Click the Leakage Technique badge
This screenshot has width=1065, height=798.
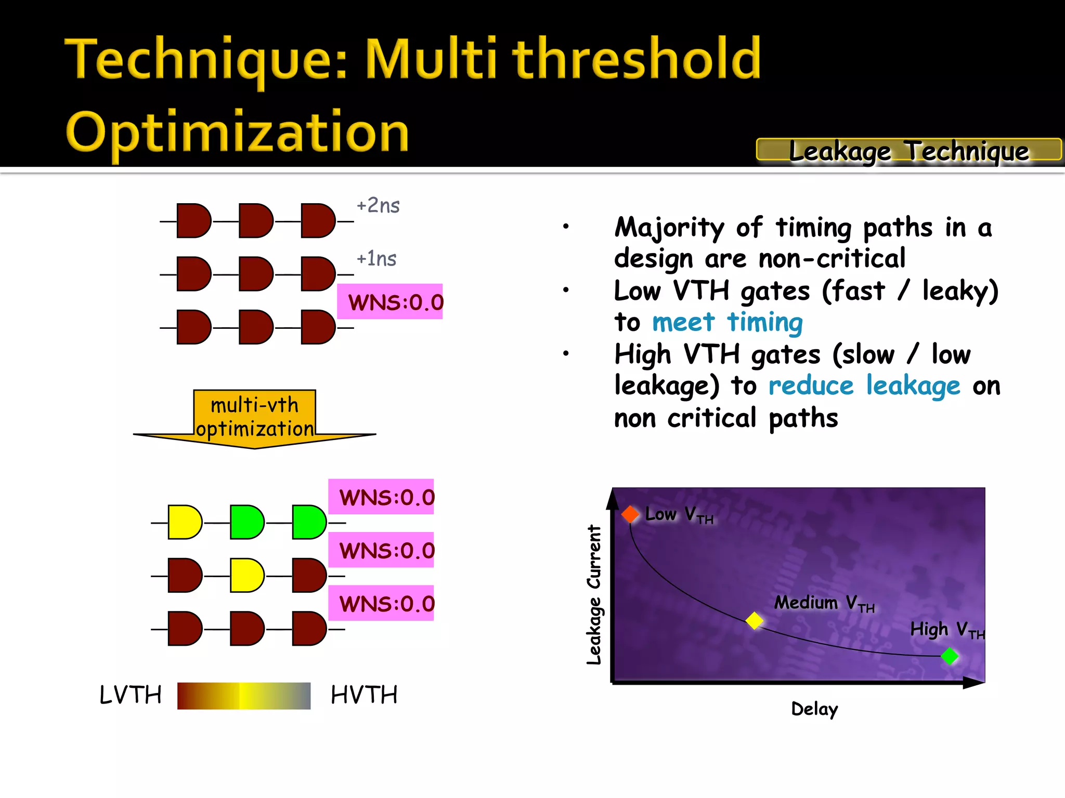[908, 151]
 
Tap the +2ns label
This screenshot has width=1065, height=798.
[378, 206]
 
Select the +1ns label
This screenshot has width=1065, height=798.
[376, 259]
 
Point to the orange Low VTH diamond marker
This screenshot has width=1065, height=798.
[630, 514]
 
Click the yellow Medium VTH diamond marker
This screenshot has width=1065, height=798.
[754, 620]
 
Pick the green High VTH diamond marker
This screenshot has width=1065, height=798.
[950, 656]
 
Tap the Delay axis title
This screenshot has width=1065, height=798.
[814, 709]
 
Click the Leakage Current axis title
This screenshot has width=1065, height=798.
[594, 595]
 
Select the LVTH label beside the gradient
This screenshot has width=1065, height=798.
[131, 695]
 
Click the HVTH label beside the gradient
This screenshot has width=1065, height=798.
[364, 695]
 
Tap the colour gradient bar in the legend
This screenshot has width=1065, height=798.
[244, 696]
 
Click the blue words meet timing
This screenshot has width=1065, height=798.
[727, 322]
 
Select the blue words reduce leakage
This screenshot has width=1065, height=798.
[864, 386]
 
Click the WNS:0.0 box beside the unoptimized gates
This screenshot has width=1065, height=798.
[390, 302]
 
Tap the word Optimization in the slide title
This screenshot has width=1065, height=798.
[237, 132]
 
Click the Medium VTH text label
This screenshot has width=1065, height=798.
[824, 603]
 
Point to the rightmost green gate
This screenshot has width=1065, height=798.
[309, 522]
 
